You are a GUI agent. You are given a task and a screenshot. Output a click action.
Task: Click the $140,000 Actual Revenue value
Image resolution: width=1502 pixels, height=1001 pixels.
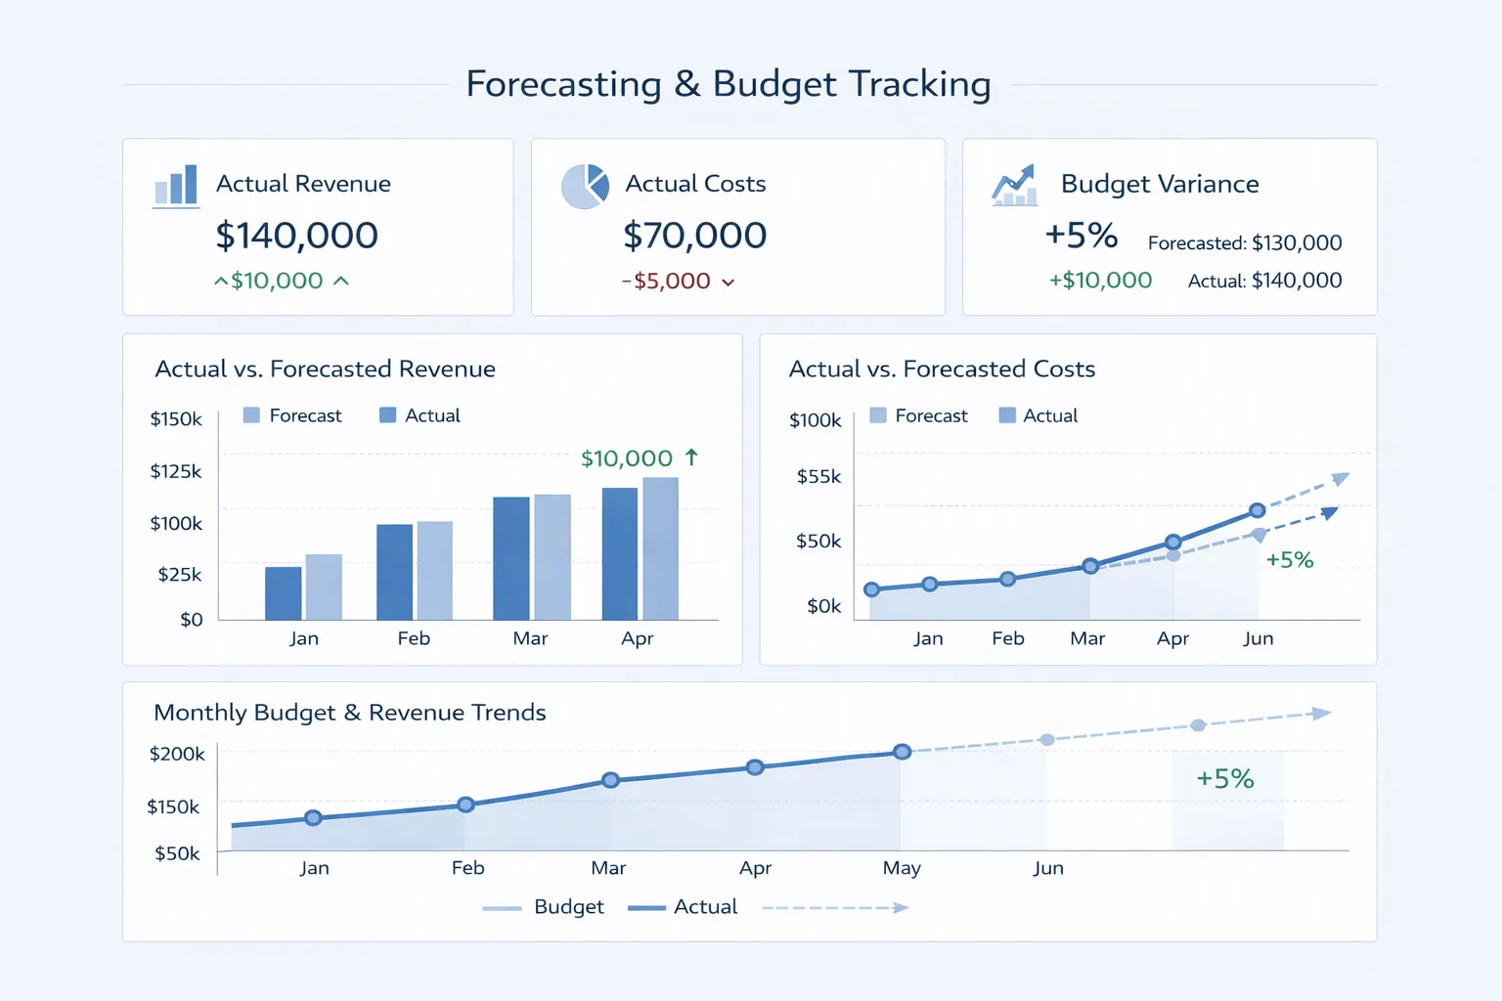pyautogui.click(x=296, y=236)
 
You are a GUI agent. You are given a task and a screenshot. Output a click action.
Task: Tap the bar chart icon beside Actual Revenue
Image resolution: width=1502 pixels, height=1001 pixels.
pyautogui.click(x=177, y=186)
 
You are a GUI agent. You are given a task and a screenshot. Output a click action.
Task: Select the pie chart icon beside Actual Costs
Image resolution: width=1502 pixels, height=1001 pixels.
pyautogui.click(x=585, y=186)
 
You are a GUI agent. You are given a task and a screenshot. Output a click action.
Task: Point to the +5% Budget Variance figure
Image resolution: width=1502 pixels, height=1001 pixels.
pyautogui.click(x=1081, y=236)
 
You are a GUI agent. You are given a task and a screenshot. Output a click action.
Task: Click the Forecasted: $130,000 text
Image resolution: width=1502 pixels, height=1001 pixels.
pyautogui.click(x=1244, y=242)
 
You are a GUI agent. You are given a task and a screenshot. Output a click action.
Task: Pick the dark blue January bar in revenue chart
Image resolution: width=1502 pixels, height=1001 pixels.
pyautogui.click(x=284, y=592)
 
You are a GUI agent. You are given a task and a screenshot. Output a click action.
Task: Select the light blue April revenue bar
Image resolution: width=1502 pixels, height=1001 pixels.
pyautogui.click(x=660, y=547)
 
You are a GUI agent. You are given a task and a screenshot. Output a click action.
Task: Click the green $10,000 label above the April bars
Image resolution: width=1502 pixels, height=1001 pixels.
pyautogui.click(x=627, y=458)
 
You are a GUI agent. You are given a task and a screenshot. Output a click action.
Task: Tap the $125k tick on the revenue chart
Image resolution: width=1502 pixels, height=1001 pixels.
pyautogui.click(x=176, y=471)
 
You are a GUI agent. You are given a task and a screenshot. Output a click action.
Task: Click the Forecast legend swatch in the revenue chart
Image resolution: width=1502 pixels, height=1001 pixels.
pyautogui.click(x=251, y=415)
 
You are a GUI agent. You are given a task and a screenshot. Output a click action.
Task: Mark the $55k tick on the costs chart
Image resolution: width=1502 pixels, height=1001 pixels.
pyautogui.click(x=818, y=477)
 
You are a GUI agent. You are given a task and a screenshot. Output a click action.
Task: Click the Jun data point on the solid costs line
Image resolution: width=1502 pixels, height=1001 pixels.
pyautogui.click(x=1258, y=510)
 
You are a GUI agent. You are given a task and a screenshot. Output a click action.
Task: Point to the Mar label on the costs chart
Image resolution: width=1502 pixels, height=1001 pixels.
pyautogui.click(x=1087, y=638)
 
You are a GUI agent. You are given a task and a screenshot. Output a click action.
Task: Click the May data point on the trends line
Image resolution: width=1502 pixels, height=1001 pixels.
pyautogui.click(x=903, y=752)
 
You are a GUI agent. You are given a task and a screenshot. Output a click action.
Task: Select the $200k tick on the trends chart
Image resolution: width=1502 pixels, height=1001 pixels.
pyautogui.click(x=177, y=754)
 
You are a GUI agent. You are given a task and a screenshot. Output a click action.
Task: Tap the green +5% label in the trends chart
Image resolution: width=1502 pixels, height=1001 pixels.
pyautogui.click(x=1225, y=779)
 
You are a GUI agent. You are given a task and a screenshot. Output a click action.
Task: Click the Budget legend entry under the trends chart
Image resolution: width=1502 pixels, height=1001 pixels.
pyautogui.click(x=568, y=907)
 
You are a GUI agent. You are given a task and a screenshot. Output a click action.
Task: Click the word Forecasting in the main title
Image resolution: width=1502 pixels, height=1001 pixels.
pyautogui.click(x=563, y=84)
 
